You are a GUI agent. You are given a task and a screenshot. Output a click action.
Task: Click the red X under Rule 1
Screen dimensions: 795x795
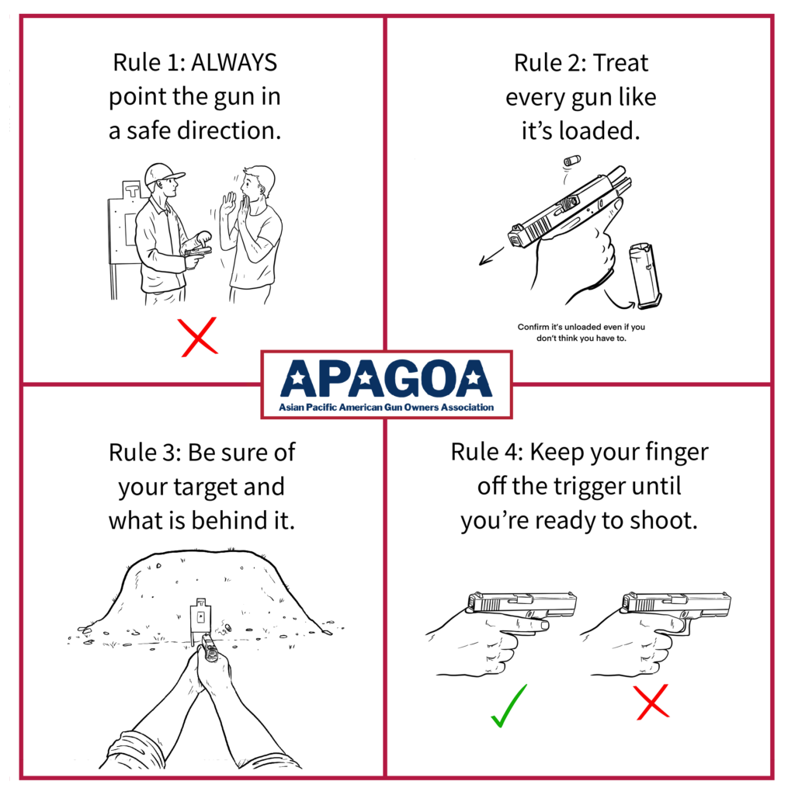tap(199, 338)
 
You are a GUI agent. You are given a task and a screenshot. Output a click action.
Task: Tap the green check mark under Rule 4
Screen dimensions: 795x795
tap(509, 705)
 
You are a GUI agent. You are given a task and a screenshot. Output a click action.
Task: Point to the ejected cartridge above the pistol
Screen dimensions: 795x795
tap(573, 161)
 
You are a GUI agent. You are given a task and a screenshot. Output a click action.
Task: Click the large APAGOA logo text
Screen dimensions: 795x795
tap(386, 378)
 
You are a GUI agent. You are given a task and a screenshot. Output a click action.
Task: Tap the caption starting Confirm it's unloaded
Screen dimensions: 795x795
tap(581, 332)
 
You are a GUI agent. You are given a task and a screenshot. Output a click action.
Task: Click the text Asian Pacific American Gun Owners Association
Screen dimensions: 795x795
tap(386, 407)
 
